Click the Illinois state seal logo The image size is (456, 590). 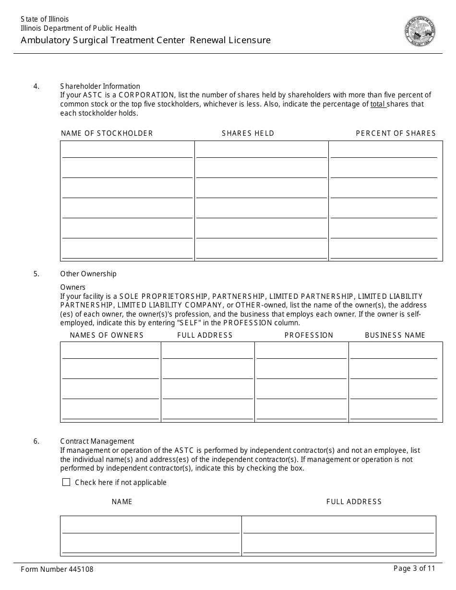(x=420, y=31)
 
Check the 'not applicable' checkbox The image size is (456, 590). (x=66, y=482)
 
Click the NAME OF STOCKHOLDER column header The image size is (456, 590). (x=107, y=133)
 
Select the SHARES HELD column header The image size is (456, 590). (x=248, y=133)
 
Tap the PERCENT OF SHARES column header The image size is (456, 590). (x=396, y=133)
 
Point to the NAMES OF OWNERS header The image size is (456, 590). (x=107, y=335)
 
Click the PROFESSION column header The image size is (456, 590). (x=309, y=335)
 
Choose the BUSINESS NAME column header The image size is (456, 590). (x=395, y=335)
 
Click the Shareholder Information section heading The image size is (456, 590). (x=100, y=86)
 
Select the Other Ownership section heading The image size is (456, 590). (x=88, y=274)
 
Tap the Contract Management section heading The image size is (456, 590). (x=97, y=441)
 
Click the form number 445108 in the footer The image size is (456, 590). (x=57, y=569)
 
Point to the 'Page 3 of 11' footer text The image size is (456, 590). (x=414, y=568)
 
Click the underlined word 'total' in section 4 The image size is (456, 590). (x=378, y=104)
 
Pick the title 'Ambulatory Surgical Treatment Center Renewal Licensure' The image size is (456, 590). (x=145, y=40)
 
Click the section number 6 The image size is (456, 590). (x=36, y=441)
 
